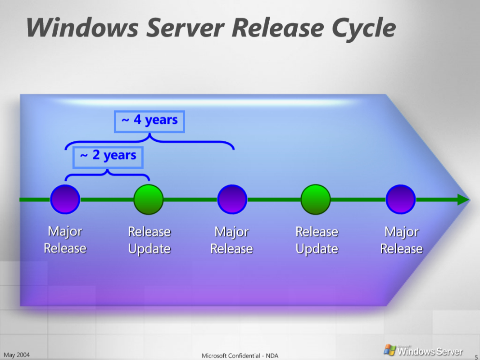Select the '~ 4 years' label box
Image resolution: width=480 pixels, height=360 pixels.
(x=149, y=121)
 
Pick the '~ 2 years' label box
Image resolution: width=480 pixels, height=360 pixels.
(x=108, y=157)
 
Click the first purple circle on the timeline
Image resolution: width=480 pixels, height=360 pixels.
(x=65, y=199)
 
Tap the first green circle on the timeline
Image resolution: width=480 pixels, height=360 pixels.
(x=149, y=199)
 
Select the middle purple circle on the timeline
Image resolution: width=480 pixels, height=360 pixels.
(x=232, y=199)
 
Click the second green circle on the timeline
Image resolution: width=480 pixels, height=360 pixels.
(x=316, y=199)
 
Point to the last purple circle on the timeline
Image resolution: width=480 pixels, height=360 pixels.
(x=401, y=199)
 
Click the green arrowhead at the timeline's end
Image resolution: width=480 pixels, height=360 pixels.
(x=463, y=199)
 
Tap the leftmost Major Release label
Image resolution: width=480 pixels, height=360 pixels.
(x=65, y=240)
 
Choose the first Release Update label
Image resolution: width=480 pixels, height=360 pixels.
(x=149, y=240)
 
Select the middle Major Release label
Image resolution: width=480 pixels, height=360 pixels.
(x=232, y=240)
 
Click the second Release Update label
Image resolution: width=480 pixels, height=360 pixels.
(x=317, y=240)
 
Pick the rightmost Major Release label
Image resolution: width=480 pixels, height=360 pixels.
(x=402, y=240)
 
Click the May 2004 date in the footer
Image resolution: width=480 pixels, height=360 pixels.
(x=17, y=355)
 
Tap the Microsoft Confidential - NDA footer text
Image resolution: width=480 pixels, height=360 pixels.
(x=240, y=355)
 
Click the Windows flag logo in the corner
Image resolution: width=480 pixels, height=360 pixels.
(x=389, y=350)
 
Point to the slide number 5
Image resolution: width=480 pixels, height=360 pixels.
(x=476, y=357)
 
